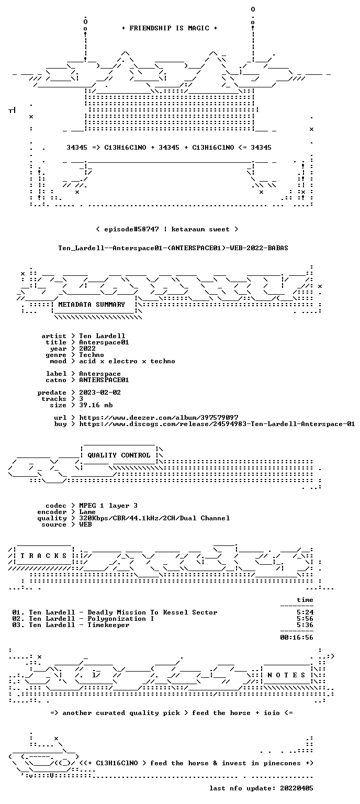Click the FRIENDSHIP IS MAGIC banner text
click(x=170, y=28)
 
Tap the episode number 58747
click(x=146, y=229)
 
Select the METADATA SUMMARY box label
click(x=92, y=305)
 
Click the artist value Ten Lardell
click(x=102, y=337)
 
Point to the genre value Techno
click(x=92, y=355)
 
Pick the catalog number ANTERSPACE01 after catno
click(x=104, y=380)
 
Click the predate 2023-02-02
click(x=100, y=393)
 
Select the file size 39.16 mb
click(x=96, y=405)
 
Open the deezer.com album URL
click(x=159, y=418)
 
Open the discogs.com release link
click(x=217, y=425)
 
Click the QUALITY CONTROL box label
click(x=119, y=455)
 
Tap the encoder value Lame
click(x=87, y=512)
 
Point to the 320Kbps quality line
click(x=154, y=518)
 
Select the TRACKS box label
click(x=43, y=556)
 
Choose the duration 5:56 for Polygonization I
click(x=305, y=619)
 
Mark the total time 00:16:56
click(x=297, y=638)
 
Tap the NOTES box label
click(x=286, y=675)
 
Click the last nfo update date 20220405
click(x=297, y=789)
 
